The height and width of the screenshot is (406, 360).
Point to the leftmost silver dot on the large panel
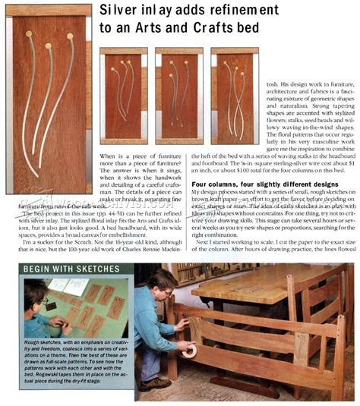29,34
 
